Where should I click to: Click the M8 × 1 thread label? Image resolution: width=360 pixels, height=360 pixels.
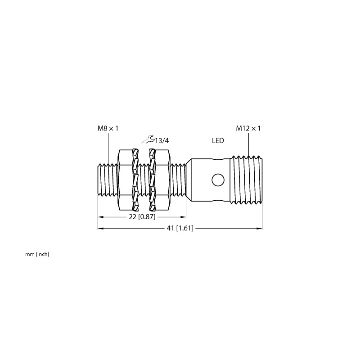coord(108,128)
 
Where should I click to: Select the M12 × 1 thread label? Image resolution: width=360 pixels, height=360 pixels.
coord(248,128)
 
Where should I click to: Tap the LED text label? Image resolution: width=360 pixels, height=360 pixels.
coord(218,140)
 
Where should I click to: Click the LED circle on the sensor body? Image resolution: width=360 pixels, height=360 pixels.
coord(218,180)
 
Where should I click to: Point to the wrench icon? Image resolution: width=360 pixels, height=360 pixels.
coord(148,139)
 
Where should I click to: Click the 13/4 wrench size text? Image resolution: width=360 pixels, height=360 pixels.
coord(162,140)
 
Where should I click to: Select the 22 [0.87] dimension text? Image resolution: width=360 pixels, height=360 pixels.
coord(142,216)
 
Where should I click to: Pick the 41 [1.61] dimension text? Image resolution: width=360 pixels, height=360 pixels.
coord(180,228)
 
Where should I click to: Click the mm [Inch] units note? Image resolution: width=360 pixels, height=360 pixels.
coord(37,254)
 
